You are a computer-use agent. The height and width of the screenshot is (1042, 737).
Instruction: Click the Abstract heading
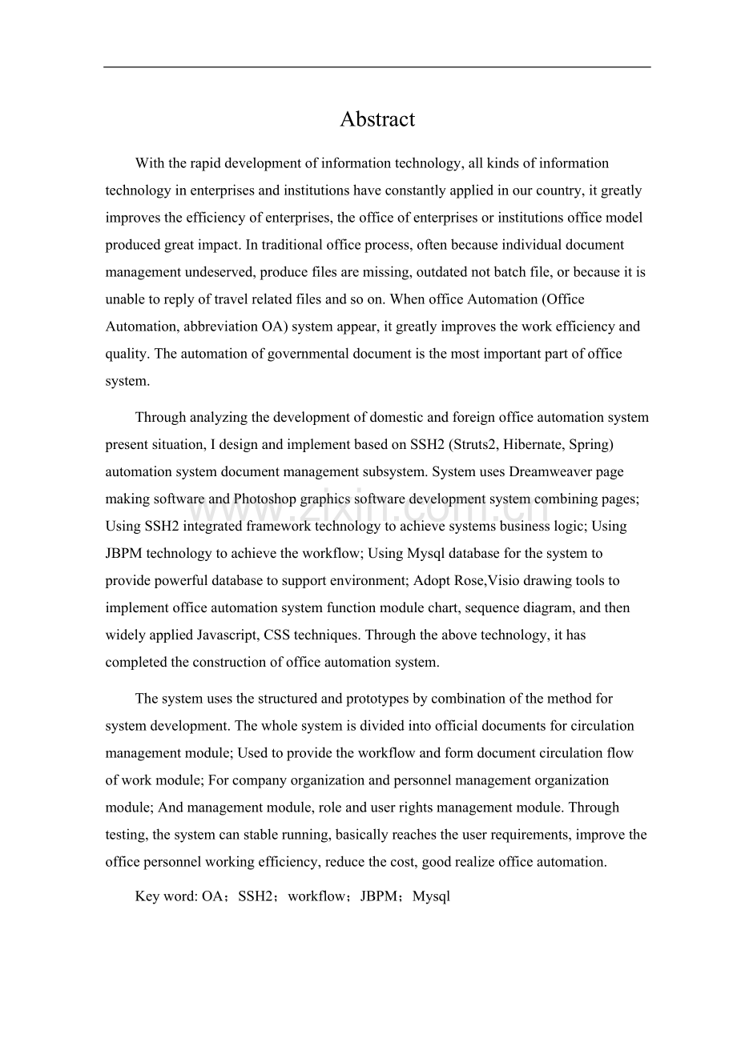coord(377,119)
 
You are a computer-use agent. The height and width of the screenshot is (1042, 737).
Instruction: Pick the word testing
coord(126,835)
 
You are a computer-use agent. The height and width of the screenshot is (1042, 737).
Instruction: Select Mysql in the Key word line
coord(432,897)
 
